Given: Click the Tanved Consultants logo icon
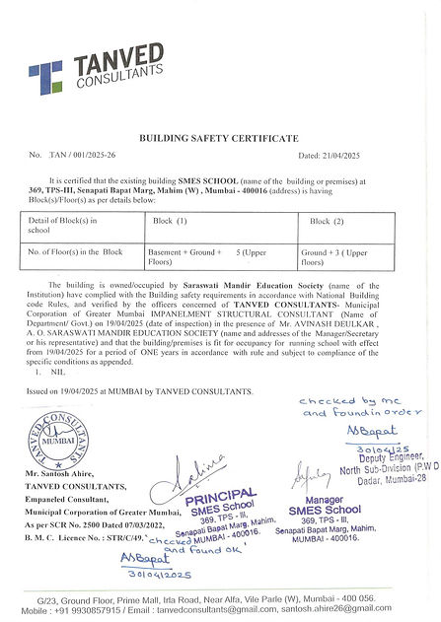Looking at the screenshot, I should point(44,76).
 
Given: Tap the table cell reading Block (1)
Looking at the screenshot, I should point(170,223).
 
